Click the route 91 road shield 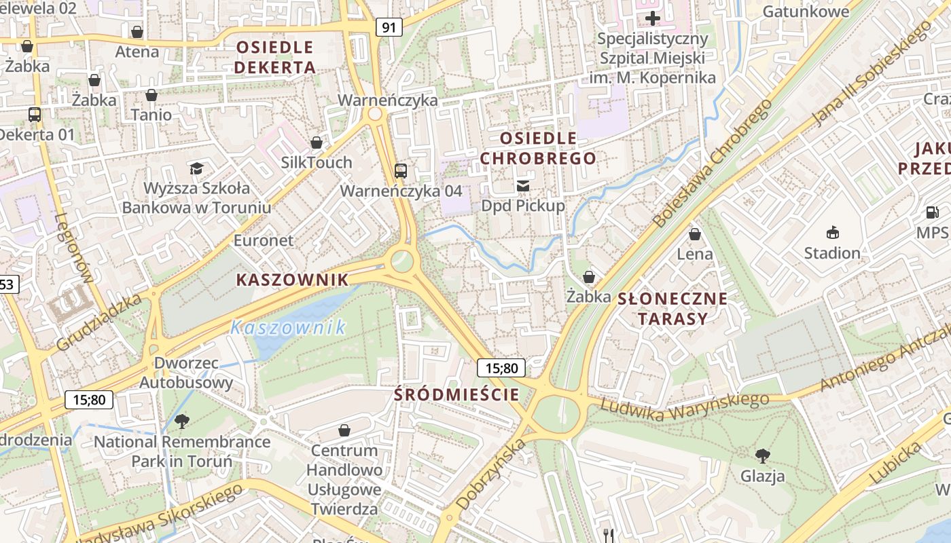(389, 27)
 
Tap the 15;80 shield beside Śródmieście (501, 368)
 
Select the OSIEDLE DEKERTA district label (275, 57)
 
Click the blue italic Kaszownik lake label (287, 328)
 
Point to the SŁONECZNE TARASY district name (672, 309)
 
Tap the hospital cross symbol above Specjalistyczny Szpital (653, 18)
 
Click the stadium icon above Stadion (832, 233)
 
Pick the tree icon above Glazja (762, 455)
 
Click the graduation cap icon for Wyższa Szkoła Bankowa (196, 168)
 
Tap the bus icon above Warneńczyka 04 (401, 170)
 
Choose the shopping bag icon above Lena (694, 234)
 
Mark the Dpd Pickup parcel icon (522, 185)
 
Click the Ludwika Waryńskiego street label (685, 406)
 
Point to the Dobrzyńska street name (491, 474)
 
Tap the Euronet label (264, 240)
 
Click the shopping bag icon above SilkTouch (316, 143)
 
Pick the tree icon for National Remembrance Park (181, 422)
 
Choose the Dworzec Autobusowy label (186, 373)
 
